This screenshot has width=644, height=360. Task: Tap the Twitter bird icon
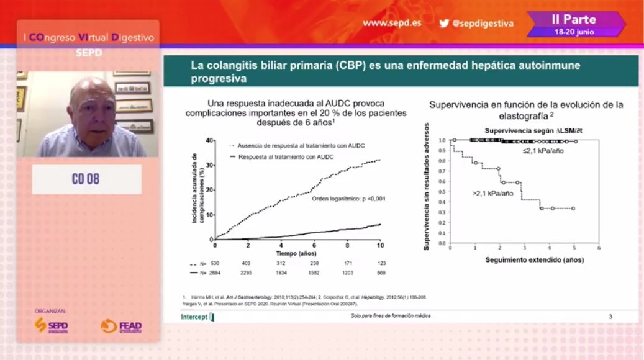(444, 23)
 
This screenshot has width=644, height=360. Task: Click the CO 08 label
(86, 179)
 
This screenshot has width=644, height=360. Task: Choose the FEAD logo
(121, 326)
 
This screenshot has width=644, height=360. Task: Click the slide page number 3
(610, 317)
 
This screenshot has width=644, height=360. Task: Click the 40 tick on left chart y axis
(209, 140)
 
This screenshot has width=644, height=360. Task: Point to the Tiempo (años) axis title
(296, 254)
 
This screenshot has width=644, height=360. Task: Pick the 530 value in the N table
(215, 264)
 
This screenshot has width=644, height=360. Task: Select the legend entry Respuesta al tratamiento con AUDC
(286, 157)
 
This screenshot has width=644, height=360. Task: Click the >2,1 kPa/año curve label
(492, 194)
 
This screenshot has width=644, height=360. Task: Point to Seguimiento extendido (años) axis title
(534, 259)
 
